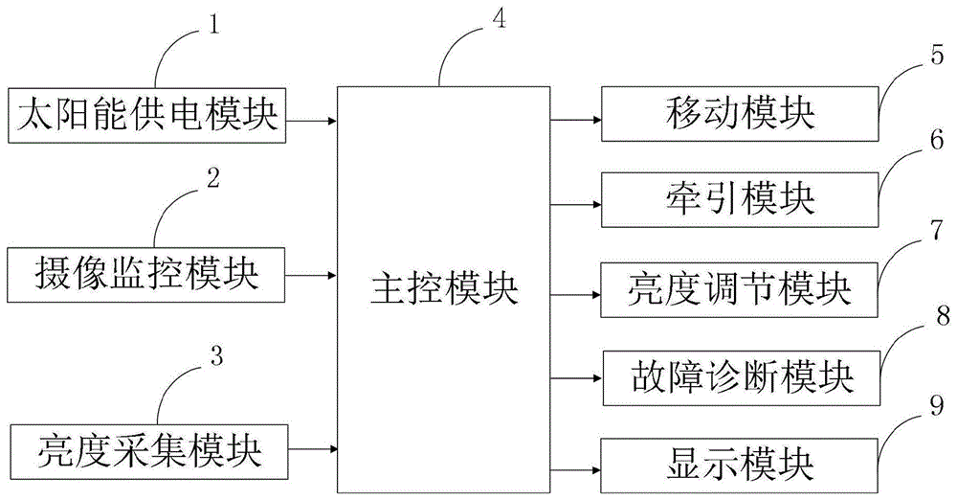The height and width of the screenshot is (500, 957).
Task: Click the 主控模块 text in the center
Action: click(x=443, y=287)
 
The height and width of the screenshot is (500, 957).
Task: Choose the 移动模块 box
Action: click(x=739, y=117)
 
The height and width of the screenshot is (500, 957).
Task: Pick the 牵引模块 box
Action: click(x=739, y=199)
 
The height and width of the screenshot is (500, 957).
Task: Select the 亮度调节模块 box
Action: click(x=739, y=287)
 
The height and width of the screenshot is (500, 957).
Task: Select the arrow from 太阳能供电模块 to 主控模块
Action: click(x=312, y=121)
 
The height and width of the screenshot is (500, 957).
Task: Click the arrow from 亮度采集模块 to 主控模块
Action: click(x=312, y=447)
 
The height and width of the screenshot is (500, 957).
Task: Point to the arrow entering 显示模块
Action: click(x=576, y=469)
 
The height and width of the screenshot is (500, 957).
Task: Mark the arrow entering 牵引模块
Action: click(x=576, y=201)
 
